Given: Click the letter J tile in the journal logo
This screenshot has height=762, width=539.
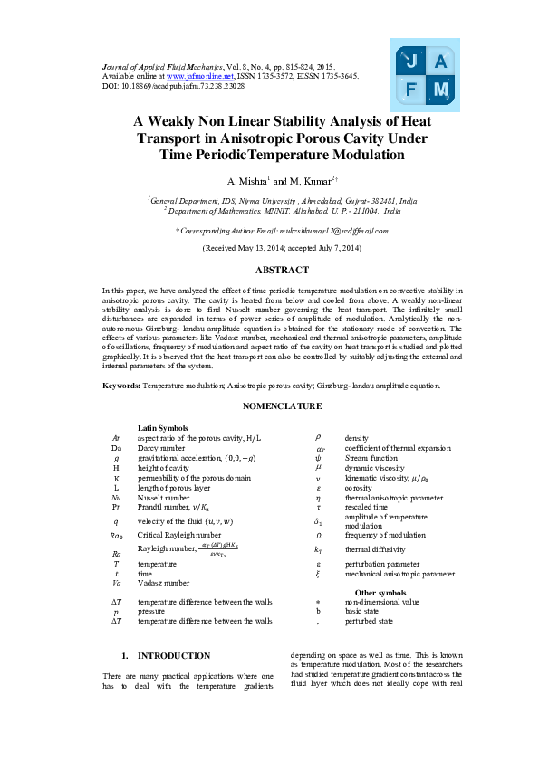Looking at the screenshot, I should pos(411,62).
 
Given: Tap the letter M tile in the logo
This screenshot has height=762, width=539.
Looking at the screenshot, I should pos(440,90).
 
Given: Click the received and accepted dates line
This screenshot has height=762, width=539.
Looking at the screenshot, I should pos(269,247).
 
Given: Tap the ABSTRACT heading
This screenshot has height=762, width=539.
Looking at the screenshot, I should pos(269,270).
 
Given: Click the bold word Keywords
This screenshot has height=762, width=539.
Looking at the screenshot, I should pos(120,386).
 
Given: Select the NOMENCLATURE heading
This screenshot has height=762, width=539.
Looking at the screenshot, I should pos(269,407).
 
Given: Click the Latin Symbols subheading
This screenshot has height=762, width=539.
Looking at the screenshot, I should pos(162,427).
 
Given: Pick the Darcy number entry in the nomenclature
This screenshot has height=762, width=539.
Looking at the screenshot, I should pos(160,447).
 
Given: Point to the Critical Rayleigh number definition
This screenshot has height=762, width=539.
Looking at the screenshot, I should pos(178,535).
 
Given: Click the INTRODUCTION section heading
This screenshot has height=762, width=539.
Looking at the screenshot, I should pos(173,655).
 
